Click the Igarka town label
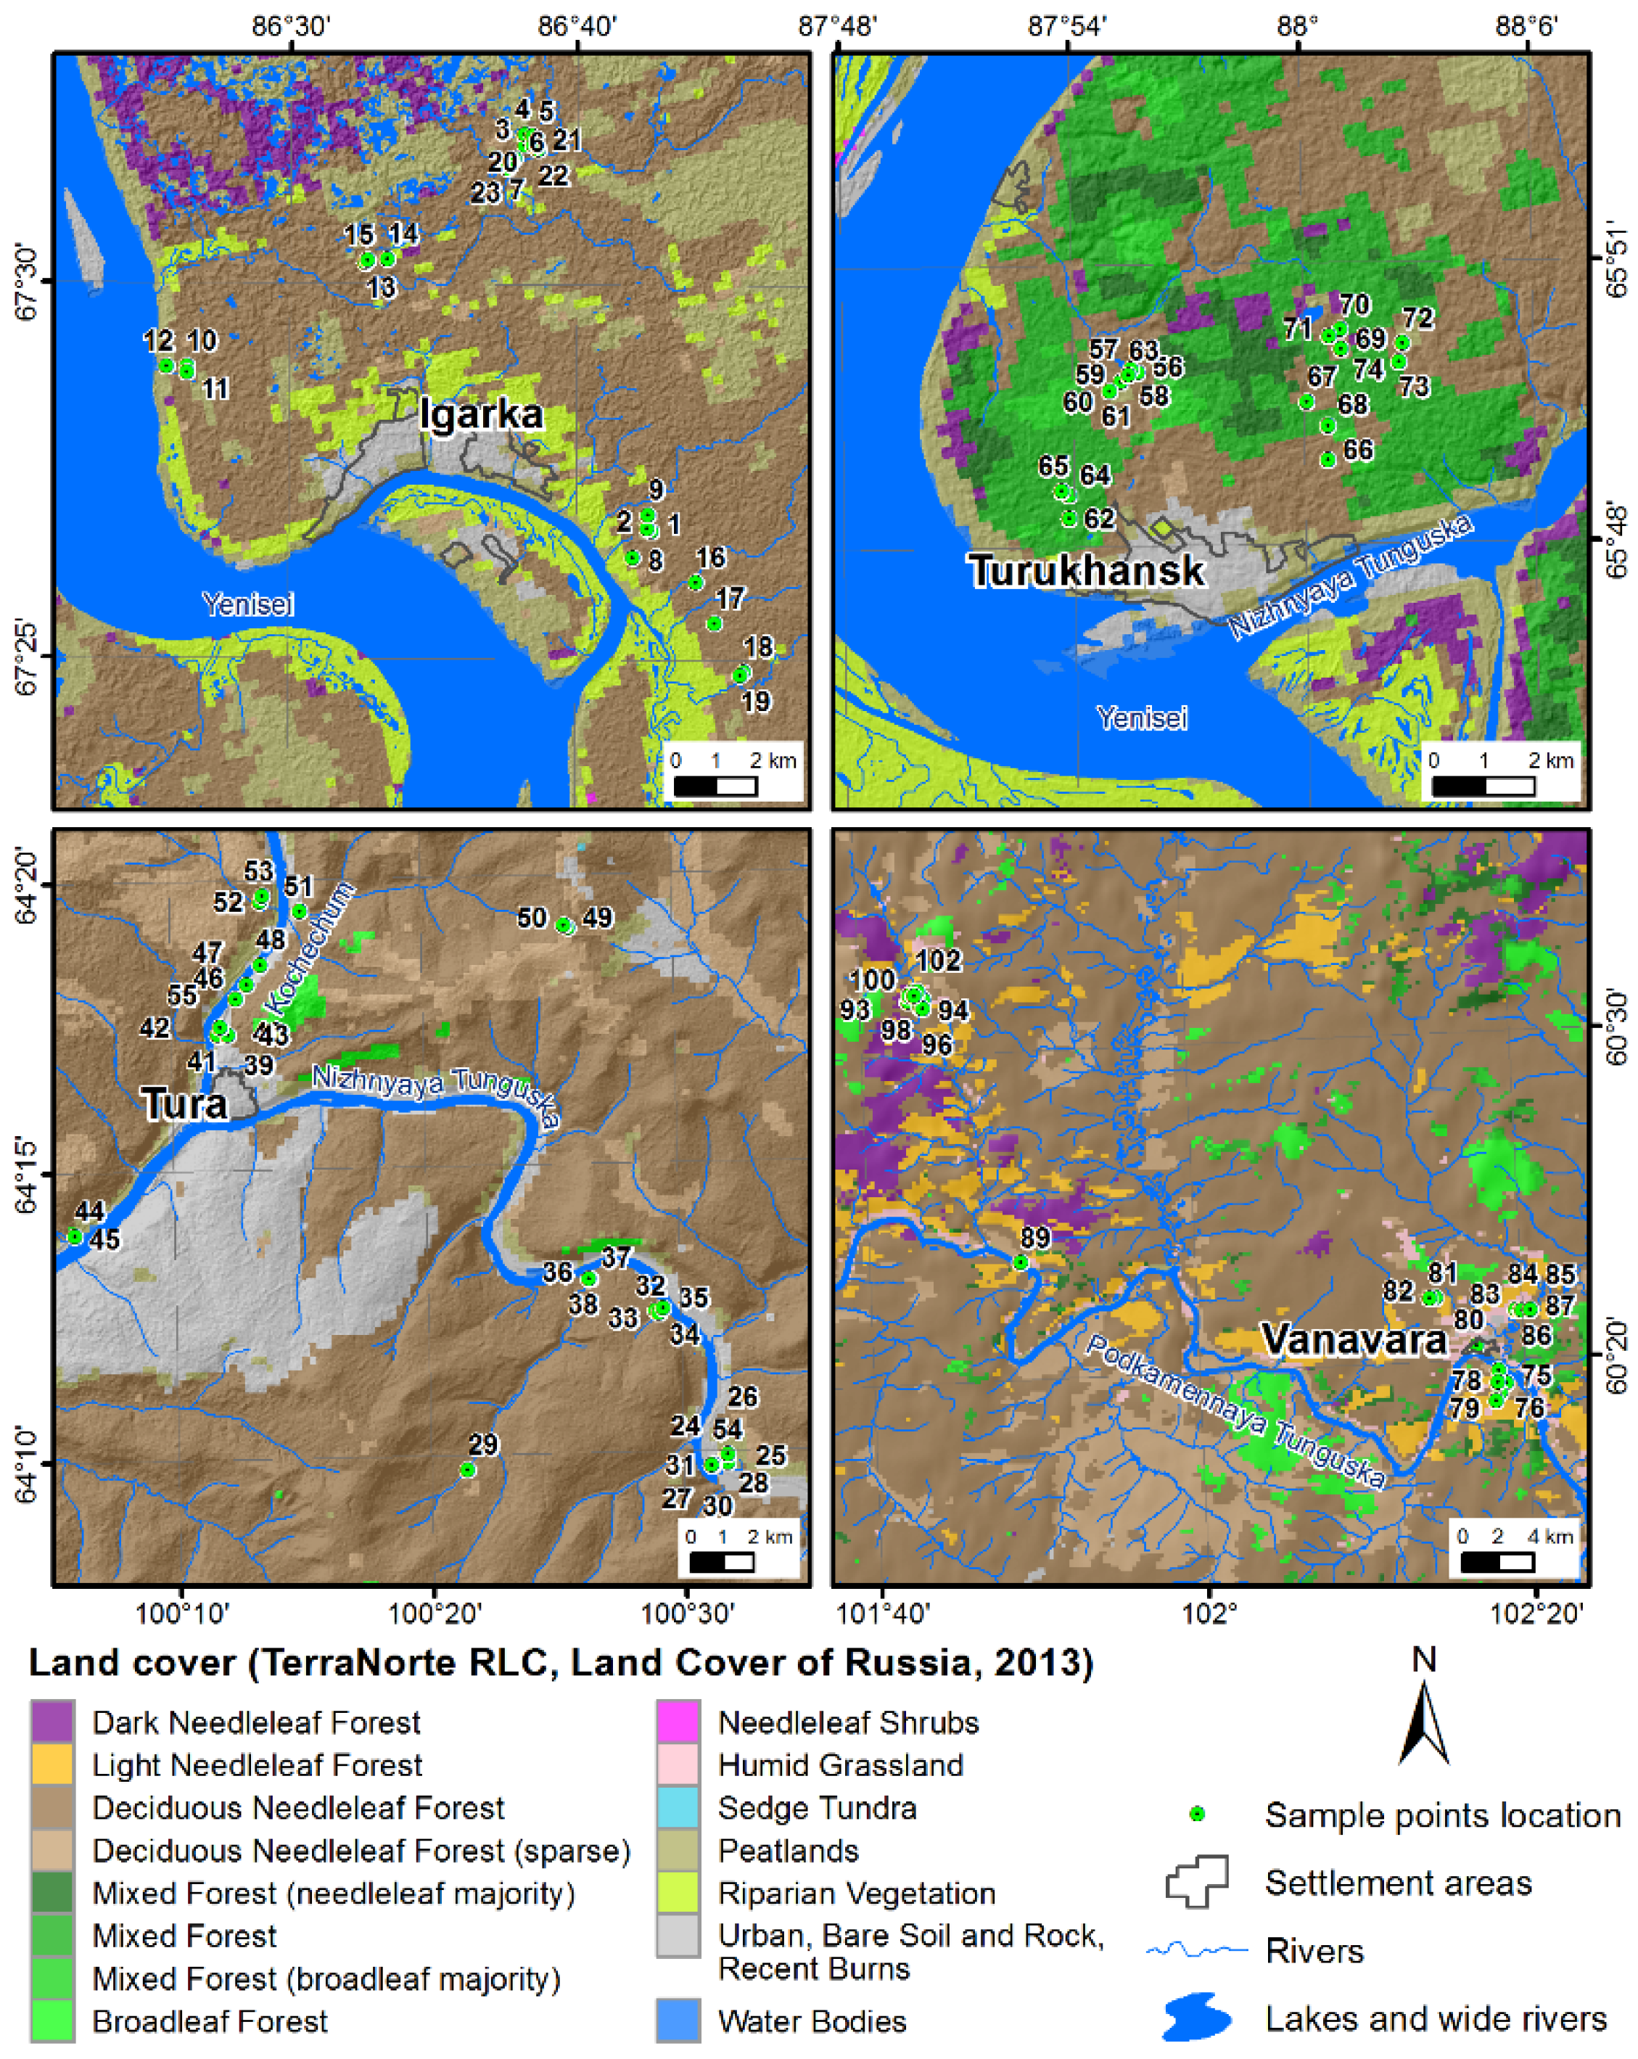482,414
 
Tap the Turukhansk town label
1086,570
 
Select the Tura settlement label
184,1104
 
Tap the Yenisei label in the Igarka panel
247,604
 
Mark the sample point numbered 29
468,1470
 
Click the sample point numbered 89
1020,1262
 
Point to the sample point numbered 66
1328,460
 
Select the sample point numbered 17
714,624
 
